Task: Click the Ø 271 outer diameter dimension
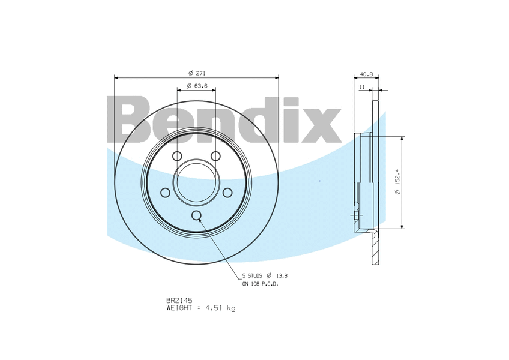pos(197,73)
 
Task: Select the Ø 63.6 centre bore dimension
pos(197,86)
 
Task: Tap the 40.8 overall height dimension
pos(366,74)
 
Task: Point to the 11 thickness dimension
pos(362,86)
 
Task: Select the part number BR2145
pos(179,301)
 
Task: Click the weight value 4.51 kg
pos(220,308)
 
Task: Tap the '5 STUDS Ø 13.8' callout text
pos(265,276)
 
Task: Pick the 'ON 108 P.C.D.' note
pos(261,284)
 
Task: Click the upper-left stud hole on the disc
pos(177,156)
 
